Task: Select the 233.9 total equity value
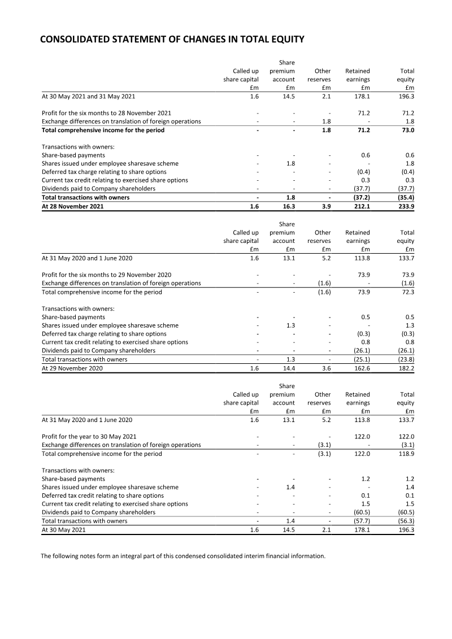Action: (x=406, y=206)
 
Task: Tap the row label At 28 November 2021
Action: (x=73, y=206)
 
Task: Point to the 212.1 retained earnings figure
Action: (x=361, y=206)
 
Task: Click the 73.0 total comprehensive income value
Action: (x=407, y=130)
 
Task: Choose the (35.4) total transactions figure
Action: (x=405, y=198)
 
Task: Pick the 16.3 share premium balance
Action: (x=288, y=206)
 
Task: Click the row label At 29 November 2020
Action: (x=72, y=368)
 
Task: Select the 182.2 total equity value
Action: (x=406, y=368)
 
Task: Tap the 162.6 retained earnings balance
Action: (x=361, y=368)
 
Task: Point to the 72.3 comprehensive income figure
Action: (x=407, y=292)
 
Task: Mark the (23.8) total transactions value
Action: (x=405, y=359)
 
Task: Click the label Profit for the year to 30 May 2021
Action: (x=89, y=437)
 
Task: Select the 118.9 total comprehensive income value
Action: (x=406, y=454)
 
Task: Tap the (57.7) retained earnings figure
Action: (x=360, y=521)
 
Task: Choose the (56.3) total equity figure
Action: (x=405, y=521)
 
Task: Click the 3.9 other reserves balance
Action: (x=326, y=206)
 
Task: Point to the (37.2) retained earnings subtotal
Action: (x=360, y=198)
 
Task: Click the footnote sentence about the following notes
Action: (x=183, y=556)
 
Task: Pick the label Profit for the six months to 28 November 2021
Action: (x=107, y=113)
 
